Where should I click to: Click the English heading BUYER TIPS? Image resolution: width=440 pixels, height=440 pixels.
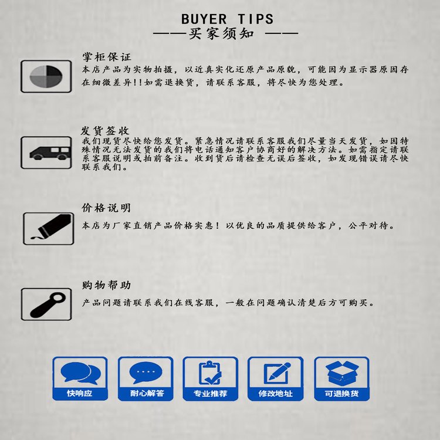[227, 19]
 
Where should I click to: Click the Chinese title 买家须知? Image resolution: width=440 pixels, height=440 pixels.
[221, 33]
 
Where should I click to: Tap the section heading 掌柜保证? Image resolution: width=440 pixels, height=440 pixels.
[107, 57]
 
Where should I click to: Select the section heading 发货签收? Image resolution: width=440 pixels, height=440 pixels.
[105, 131]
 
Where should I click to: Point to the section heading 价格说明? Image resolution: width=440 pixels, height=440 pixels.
[106, 208]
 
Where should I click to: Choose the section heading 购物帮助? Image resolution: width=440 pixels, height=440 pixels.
[106, 285]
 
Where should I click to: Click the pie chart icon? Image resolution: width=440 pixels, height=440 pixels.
[46, 76]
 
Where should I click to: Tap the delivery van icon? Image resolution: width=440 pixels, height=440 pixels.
[50, 153]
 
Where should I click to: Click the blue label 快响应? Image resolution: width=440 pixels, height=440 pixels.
[80, 393]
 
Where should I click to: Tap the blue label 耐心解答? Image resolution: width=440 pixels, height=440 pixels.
[147, 393]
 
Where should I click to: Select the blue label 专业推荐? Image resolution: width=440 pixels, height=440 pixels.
[211, 394]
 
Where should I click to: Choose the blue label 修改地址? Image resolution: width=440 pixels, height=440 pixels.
[275, 394]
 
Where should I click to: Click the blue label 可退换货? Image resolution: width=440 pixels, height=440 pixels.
[341, 394]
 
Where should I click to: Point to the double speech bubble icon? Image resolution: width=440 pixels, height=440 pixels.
[80, 373]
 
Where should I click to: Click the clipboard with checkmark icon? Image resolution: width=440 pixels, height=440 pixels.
[210, 373]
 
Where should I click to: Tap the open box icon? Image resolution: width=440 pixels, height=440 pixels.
[342, 373]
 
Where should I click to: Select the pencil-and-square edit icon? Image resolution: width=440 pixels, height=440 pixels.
[277, 373]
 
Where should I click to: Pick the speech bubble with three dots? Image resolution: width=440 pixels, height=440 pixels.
[145, 373]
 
